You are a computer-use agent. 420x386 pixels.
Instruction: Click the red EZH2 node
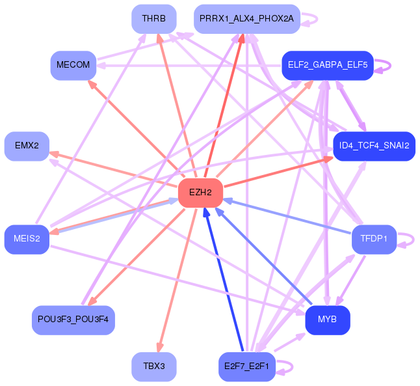201,193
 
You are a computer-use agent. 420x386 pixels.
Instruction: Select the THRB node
154,19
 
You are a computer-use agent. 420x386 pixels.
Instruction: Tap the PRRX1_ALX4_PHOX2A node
247,19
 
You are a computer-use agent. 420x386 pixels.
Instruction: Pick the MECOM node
73,65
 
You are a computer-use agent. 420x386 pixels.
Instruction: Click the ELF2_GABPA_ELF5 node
328,65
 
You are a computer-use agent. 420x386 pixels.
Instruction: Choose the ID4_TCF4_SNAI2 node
374,146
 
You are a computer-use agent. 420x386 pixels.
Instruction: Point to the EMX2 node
27,146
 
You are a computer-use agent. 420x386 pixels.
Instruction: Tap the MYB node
328,320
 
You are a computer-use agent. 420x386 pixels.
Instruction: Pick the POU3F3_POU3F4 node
73,320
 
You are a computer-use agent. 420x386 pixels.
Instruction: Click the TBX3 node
154,366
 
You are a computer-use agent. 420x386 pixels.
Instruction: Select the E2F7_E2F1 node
247,366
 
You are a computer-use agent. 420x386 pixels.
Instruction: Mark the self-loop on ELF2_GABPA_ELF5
390,65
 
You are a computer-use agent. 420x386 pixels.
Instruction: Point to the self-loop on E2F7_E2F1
292,366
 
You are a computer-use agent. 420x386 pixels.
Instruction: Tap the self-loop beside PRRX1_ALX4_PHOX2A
317,19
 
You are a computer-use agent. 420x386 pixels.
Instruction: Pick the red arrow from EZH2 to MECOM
137,129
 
